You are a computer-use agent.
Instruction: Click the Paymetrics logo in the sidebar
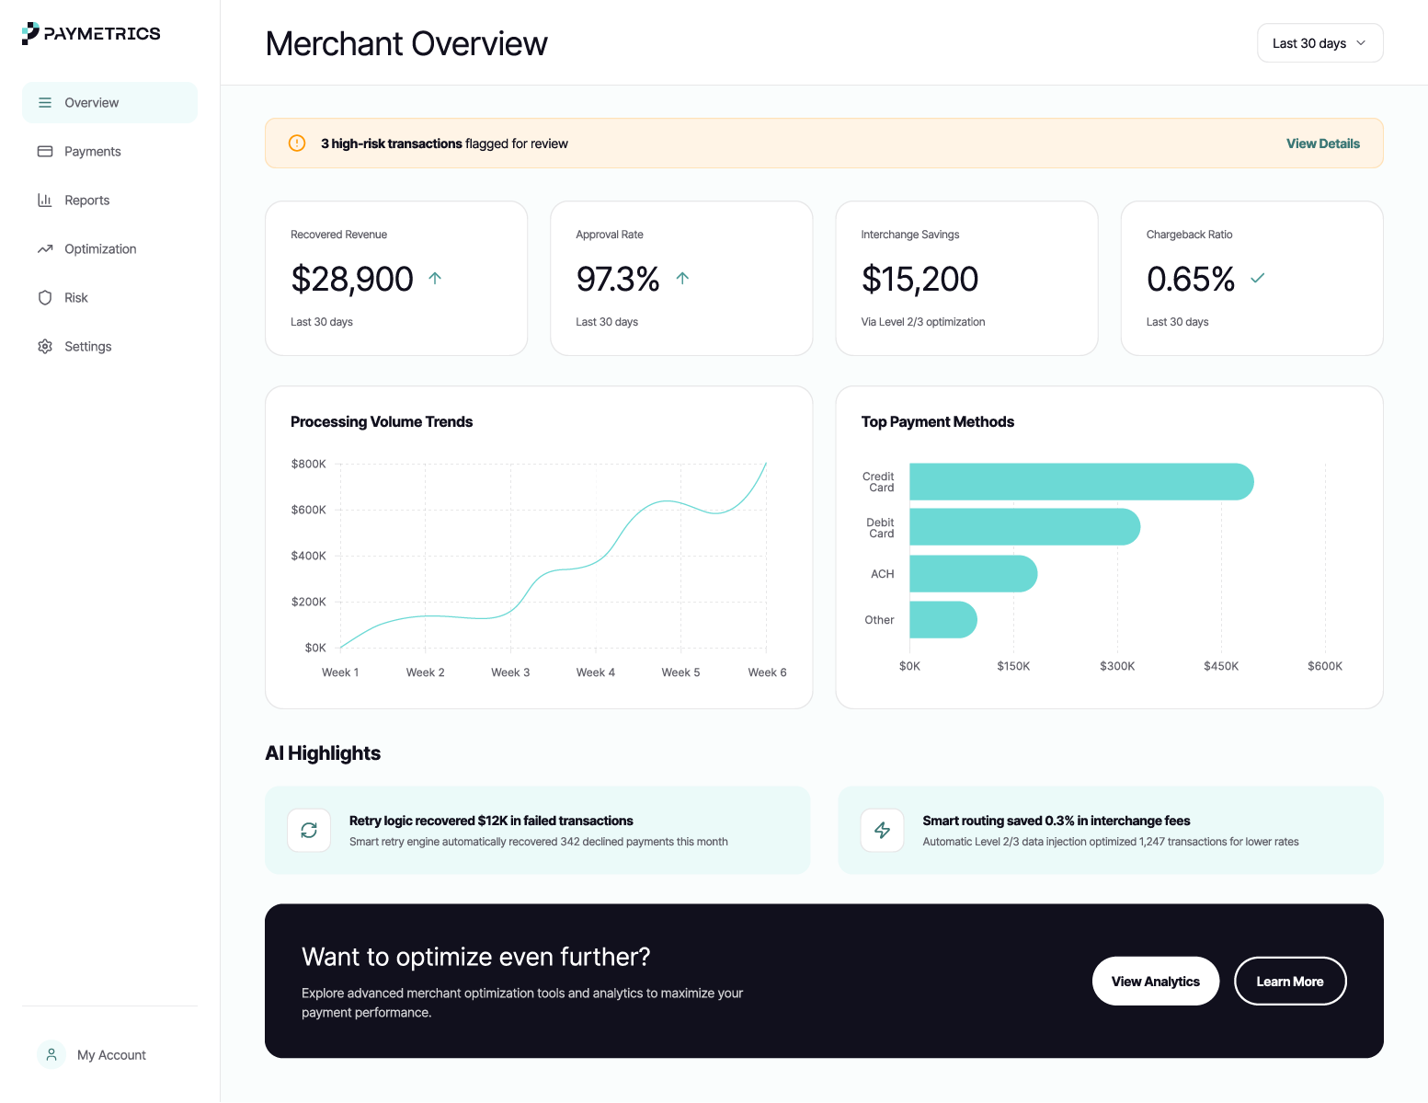(x=91, y=34)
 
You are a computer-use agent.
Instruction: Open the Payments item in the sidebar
(x=92, y=152)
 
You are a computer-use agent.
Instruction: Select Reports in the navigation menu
(x=86, y=201)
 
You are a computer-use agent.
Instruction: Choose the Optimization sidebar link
(x=99, y=249)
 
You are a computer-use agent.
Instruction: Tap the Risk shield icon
(x=45, y=298)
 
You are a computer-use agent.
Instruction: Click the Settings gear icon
(x=45, y=347)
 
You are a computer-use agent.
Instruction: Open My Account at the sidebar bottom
(x=110, y=1055)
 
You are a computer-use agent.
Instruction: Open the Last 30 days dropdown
(x=1319, y=43)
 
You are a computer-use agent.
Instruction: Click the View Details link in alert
(x=1322, y=144)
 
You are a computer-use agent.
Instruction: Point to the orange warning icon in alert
(x=297, y=144)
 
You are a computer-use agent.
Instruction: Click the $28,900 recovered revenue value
(x=352, y=279)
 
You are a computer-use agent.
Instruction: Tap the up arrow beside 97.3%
(x=682, y=278)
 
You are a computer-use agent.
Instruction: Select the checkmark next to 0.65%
(x=1258, y=278)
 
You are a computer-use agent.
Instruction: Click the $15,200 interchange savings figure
(x=920, y=279)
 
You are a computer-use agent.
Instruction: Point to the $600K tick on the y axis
(x=309, y=510)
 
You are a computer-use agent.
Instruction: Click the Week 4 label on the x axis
(x=595, y=672)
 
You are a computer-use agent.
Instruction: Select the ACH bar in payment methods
(x=973, y=574)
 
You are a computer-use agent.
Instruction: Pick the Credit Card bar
(x=1080, y=482)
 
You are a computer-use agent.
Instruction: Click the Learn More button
(x=1289, y=982)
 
